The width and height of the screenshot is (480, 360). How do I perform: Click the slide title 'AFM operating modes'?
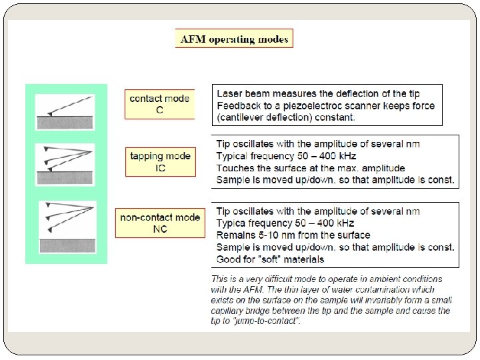[x=235, y=39]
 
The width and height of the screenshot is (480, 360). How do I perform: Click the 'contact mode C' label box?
[x=159, y=104]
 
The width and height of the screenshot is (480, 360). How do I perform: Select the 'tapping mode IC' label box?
[x=160, y=161]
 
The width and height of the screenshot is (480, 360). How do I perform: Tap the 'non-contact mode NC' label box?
[x=160, y=223]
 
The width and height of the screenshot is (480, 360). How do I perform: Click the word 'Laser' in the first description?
[x=230, y=94]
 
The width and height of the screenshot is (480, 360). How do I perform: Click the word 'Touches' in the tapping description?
[x=236, y=168]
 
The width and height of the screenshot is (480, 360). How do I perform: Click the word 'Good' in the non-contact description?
[x=229, y=259]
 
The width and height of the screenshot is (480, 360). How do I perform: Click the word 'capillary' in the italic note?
[x=230, y=311]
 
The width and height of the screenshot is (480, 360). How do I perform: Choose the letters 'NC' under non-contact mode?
[x=160, y=229]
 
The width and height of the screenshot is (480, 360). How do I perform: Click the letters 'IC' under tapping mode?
[x=160, y=168]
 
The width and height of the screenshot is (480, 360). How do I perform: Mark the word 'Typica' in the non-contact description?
[x=233, y=223]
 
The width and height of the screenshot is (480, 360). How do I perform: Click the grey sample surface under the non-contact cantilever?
[x=65, y=245]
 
